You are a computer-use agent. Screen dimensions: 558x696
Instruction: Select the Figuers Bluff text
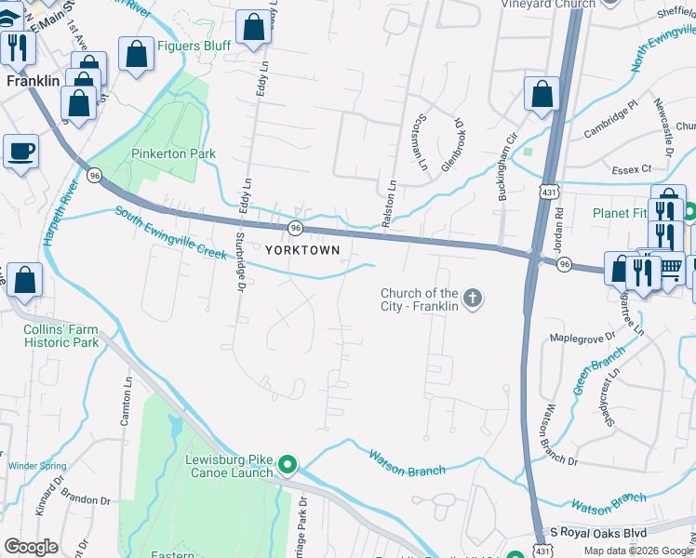tap(194, 46)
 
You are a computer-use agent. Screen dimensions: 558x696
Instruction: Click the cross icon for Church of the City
tap(473, 299)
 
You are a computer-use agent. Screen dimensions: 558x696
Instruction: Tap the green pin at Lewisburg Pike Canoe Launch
tap(288, 465)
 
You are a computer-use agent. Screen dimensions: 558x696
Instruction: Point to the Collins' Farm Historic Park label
tap(60, 336)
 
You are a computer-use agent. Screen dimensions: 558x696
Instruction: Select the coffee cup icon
tap(21, 150)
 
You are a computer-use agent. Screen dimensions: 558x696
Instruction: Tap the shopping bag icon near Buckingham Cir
tap(541, 95)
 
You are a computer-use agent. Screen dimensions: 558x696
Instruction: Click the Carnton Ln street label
tap(125, 401)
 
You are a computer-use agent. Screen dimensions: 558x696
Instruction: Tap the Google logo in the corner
tap(31, 547)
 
